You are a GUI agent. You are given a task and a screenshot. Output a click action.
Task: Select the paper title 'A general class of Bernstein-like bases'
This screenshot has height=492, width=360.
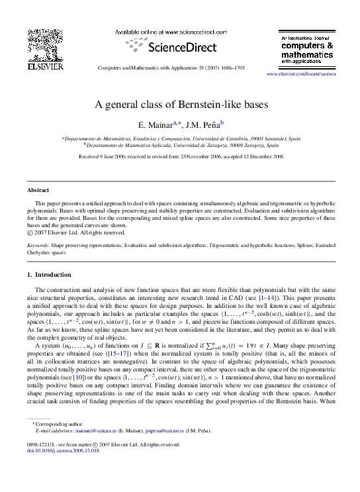click(x=180, y=104)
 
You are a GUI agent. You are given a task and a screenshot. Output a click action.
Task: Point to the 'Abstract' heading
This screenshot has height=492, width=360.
click(x=36, y=189)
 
